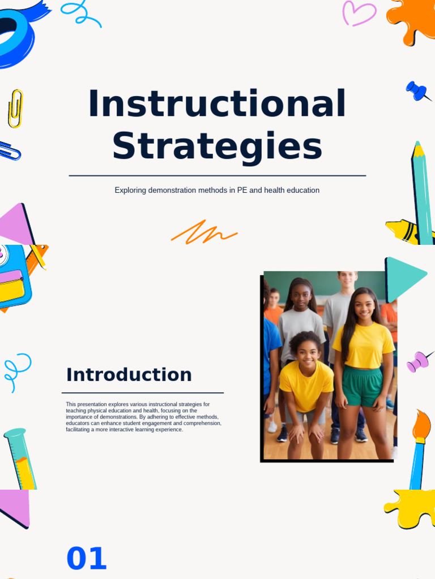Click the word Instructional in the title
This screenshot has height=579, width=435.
coord(217,105)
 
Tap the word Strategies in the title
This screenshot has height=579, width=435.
coord(217,146)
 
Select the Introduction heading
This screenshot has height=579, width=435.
coord(129,374)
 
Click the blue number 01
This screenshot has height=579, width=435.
coord(86,559)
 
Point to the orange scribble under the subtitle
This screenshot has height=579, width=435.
coord(204,232)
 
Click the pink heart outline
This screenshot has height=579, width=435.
coord(359,13)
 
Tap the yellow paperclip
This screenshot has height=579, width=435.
coord(15,108)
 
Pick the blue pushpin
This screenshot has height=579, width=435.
coord(417,90)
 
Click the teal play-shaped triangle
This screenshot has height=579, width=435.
coord(403,278)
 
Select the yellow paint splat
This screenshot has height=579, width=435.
coord(411,508)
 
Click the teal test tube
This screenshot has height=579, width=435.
coord(20,458)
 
